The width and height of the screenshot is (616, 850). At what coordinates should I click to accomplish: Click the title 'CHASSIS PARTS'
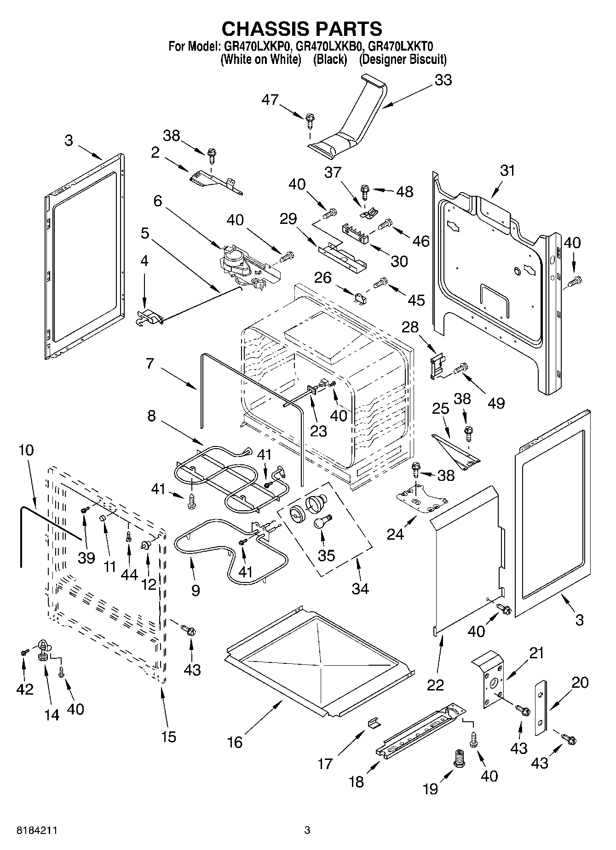pyautogui.click(x=302, y=29)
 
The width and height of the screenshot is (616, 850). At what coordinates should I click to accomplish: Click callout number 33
pyautogui.click(x=443, y=80)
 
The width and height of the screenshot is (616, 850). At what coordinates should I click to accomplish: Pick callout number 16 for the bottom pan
pyautogui.click(x=235, y=742)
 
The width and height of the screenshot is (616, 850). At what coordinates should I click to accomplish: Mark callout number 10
pyautogui.click(x=26, y=450)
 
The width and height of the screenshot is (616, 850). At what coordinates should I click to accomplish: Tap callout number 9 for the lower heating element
pyautogui.click(x=196, y=590)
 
